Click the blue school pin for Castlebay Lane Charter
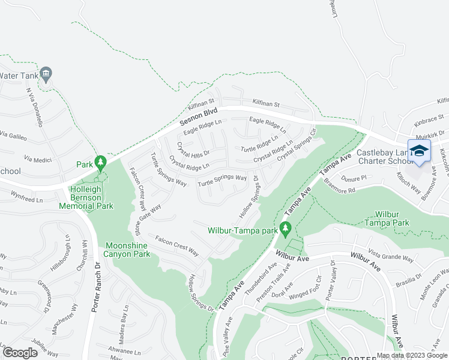coord(419,151)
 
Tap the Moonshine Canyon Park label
coord(127,250)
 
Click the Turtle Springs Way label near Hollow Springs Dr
coord(222,179)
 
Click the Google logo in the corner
coord(20,353)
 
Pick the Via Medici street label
coord(35,159)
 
